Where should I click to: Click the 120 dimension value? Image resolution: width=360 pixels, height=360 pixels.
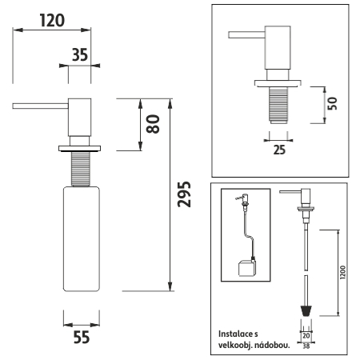pyautogui.click(x=52, y=20)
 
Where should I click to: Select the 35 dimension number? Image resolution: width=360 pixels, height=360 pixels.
pyautogui.click(x=80, y=55)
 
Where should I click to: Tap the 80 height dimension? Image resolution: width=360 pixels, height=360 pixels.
pyautogui.click(x=153, y=124)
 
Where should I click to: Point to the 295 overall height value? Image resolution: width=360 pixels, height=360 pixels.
pyautogui.click(x=184, y=194)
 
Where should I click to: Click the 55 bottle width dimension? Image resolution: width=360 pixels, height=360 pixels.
pyautogui.click(x=82, y=338)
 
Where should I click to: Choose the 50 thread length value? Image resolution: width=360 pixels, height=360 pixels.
pyautogui.click(x=332, y=103)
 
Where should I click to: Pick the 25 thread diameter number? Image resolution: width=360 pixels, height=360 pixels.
pyautogui.click(x=279, y=150)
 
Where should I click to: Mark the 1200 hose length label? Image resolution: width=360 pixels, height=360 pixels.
pyautogui.click(x=343, y=272)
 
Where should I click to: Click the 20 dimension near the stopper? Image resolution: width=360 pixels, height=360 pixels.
pyautogui.click(x=306, y=335)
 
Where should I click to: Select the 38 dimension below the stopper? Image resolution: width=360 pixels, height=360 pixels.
pyautogui.click(x=306, y=346)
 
